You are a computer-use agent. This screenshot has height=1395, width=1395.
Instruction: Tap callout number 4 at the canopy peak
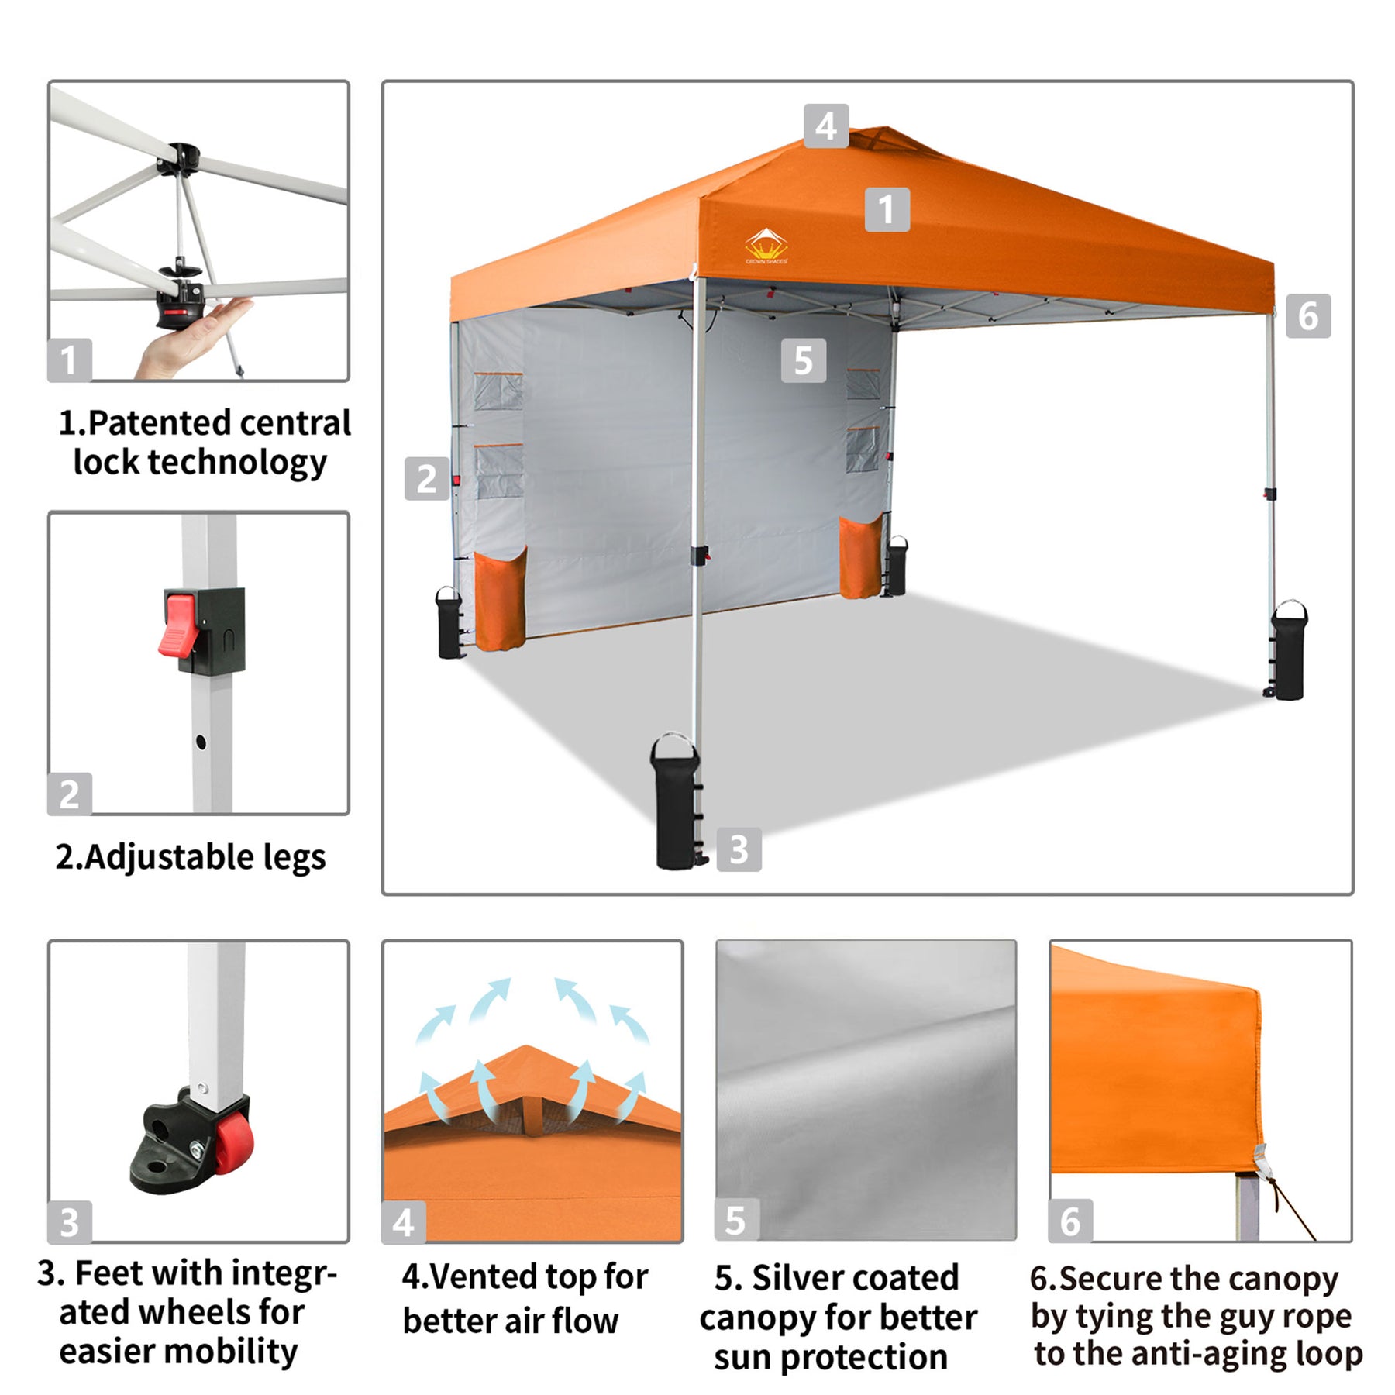click(826, 126)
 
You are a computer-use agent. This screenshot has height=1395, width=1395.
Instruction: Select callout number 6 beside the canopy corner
click(1308, 315)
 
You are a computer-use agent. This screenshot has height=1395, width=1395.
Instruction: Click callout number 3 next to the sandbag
click(739, 849)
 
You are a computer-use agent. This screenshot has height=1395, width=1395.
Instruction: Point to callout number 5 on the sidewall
click(804, 360)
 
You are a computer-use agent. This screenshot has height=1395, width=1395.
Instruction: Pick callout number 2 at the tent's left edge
click(427, 478)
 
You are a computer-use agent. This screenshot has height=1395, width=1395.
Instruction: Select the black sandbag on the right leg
click(1287, 650)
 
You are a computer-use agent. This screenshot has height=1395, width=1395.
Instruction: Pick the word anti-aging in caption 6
click(1205, 1355)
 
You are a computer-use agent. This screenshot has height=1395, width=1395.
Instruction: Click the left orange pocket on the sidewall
click(500, 599)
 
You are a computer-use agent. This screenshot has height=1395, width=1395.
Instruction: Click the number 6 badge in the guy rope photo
click(1070, 1221)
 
